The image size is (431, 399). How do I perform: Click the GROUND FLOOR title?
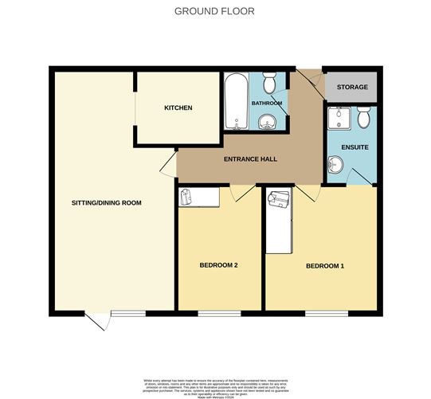tap(215, 12)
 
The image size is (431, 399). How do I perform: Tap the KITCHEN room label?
tap(178, 108)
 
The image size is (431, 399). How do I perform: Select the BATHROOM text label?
tap(267, 104)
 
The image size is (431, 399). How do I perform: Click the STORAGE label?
tap(352, 87)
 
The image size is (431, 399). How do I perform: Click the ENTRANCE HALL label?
tap(251, 159)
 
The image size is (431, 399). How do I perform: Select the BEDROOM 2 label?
tap(219, 265)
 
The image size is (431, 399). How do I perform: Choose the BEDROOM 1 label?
tap(325, 265)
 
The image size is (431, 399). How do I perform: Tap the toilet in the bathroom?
tap(269, 84)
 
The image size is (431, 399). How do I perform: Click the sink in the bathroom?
tap(265, 122)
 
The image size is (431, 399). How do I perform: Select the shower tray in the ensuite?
tap(339, 119)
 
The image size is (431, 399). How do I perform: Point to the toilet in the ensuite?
tap(363, 119)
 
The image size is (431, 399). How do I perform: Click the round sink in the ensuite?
tap(335, 166)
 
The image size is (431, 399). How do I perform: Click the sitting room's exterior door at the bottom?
tap(97, 320)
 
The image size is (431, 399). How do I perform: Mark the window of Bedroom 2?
tap(219, 311)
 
